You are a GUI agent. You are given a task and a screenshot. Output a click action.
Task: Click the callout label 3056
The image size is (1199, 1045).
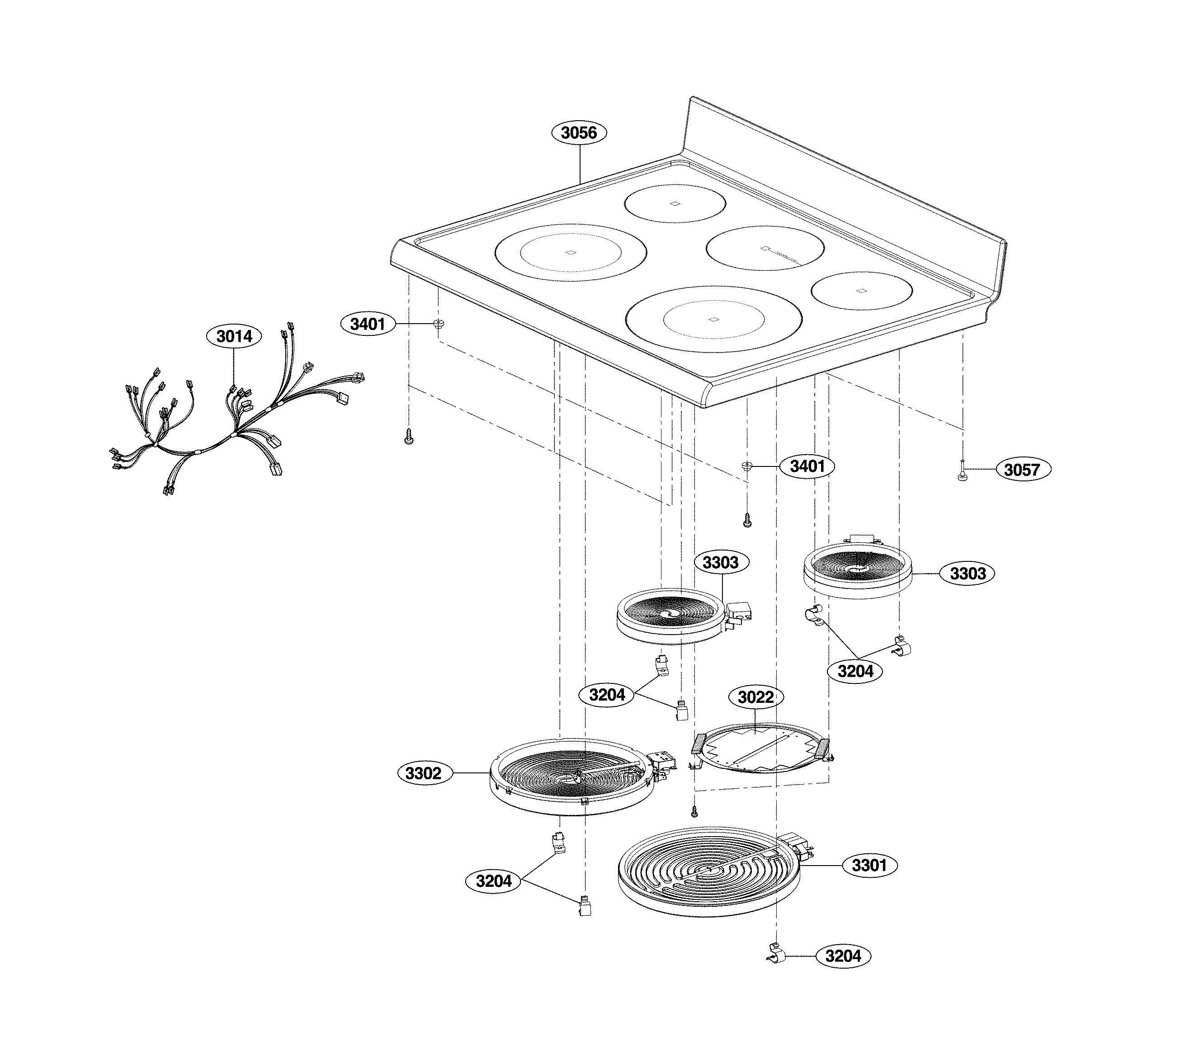[579, 133]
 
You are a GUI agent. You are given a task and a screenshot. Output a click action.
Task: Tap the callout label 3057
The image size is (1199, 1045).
[1022, 470]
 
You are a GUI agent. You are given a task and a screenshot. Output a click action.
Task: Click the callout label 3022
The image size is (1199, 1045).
[756, 697]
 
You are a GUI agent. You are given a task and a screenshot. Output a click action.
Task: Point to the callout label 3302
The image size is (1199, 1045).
[423, 773]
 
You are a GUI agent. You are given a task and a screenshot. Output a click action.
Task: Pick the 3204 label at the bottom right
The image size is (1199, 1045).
[843, 956]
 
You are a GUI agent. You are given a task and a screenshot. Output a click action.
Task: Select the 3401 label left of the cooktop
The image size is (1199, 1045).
[368, 324]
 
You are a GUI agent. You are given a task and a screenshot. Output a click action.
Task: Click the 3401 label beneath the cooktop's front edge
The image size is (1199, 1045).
[807, 466]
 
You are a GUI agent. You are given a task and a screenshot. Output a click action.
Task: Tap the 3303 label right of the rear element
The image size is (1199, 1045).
[968, 574]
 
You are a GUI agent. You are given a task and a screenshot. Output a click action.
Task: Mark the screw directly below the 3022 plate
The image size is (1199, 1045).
[694, 810]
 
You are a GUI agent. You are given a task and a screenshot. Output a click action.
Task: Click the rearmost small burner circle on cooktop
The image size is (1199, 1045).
[675, 203]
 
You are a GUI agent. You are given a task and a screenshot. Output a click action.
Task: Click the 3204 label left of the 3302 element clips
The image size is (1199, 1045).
[493, 881]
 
